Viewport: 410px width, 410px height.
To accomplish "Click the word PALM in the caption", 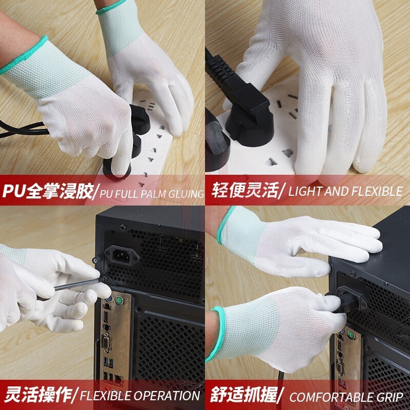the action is pyautogui.click(x=153, y=194).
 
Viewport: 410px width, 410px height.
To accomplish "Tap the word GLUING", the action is pyautogui.click(x=186, y=194).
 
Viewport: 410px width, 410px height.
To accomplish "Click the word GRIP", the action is pyautogui.click(x=390, y=398).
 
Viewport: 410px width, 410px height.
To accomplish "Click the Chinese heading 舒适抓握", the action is pyautogui.click(x=244, y=395).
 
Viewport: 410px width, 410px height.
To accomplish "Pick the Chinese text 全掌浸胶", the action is pyautogui.click(x=59, y=192).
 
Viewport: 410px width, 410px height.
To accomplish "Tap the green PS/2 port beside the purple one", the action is pyautogui.click(x=119, y=300).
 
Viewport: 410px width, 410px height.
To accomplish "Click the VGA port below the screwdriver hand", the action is pyautogui.click(x=107, y=342).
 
